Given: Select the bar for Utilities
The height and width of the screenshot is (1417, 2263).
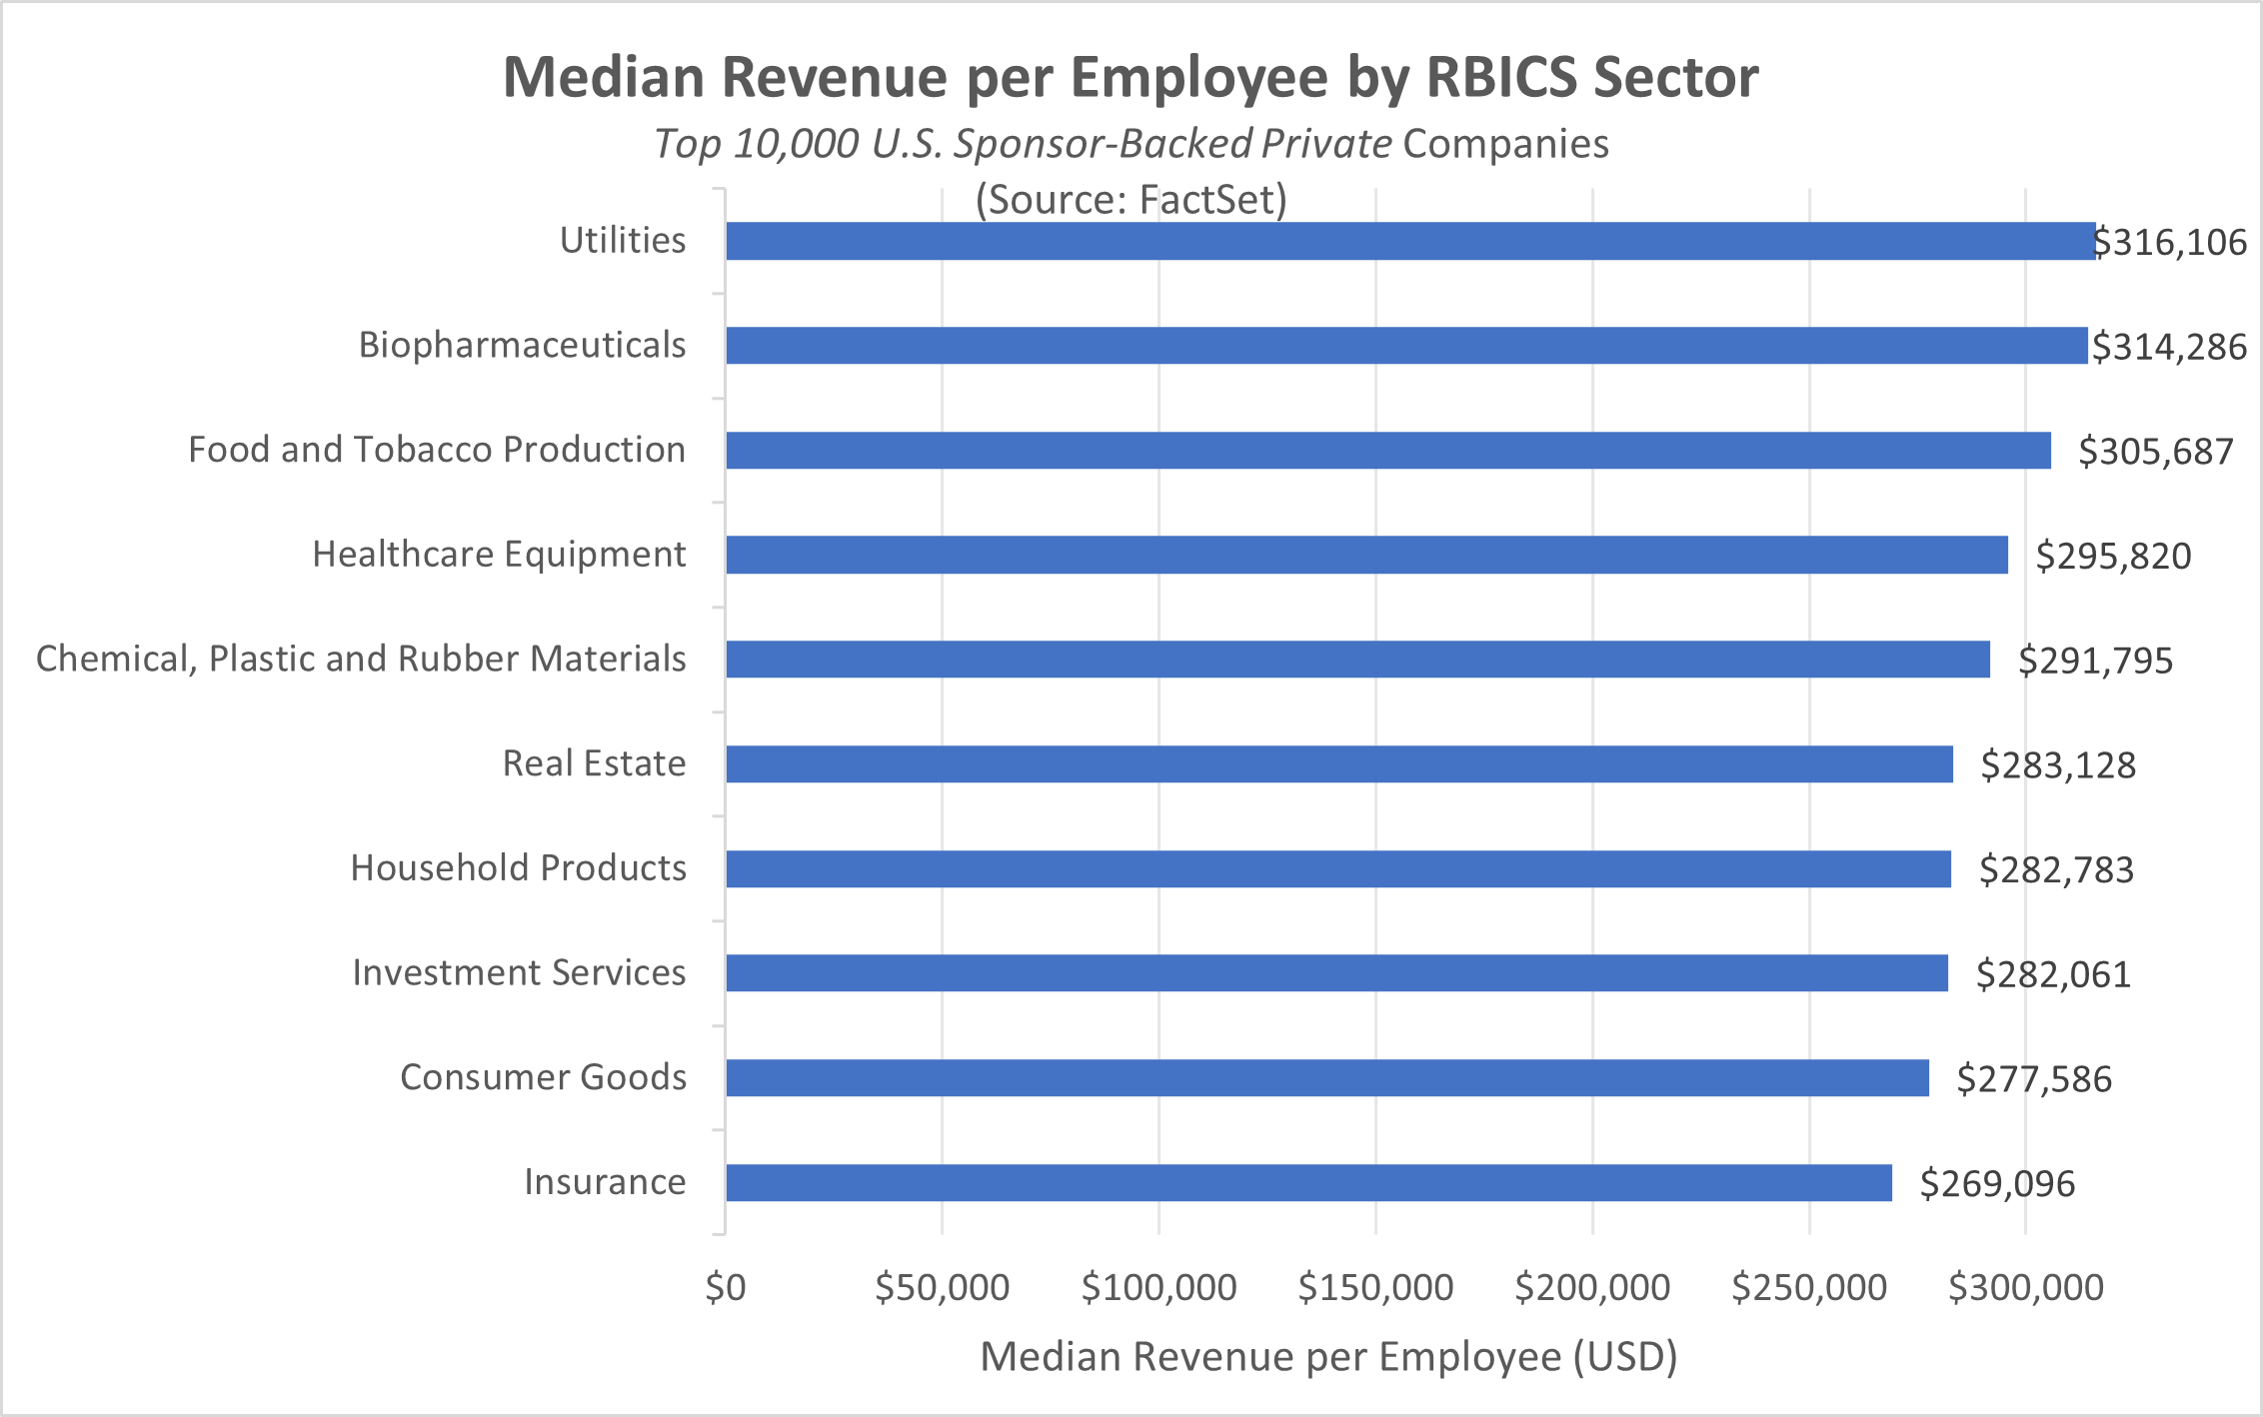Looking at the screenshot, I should click(1409, 241).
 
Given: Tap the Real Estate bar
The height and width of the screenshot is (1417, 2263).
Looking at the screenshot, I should click(1338, 763).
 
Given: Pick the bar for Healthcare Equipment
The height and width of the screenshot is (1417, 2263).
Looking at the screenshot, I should click(1365, 555).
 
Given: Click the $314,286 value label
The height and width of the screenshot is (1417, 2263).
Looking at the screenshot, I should click(2169, 347).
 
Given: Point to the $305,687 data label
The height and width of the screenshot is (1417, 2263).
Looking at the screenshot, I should click(2155, 452).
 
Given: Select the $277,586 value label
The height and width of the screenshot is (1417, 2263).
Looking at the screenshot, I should click(2033, 1079).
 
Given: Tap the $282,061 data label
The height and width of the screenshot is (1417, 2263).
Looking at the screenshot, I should click(2053, 974).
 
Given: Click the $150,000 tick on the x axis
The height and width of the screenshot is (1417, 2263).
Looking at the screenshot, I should click(1375, 1287).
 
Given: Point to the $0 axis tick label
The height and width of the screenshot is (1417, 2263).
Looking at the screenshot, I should click(726, 1287).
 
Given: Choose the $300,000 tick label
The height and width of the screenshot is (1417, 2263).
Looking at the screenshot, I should click(2026, 1287).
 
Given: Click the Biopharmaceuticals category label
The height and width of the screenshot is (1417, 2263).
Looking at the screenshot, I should click(522, 345).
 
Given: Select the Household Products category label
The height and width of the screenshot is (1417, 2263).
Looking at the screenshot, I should click(518, 867).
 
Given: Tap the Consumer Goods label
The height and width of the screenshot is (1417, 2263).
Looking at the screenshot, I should click(543, 1077).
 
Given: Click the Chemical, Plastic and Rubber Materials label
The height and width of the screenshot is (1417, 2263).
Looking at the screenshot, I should click(361, 659).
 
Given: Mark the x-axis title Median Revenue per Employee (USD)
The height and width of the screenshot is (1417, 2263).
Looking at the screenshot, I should click(1328, 1357).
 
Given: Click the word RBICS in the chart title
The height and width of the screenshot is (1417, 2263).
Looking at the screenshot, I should click(1501, 77).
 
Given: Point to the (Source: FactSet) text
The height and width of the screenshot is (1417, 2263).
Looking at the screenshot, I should click(1131, 200).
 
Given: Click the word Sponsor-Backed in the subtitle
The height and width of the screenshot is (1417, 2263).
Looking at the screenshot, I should click(1103, 144).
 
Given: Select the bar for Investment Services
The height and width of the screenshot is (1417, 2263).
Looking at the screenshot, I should click(1336, 973).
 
